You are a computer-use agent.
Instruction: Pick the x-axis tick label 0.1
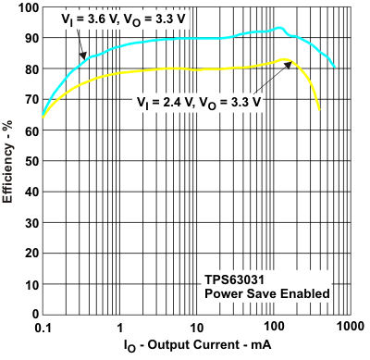coord(43,328)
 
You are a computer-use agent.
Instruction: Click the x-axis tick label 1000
coord(348,328)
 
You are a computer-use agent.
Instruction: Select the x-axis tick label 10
coord(196,328)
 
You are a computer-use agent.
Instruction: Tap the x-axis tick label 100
coord(272,328)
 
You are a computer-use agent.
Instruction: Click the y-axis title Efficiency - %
coord(8,163)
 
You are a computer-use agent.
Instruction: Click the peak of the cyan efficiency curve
coord(279,28)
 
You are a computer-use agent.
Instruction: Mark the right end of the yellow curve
coord(319,111)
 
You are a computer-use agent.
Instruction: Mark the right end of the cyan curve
coord(334,68)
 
